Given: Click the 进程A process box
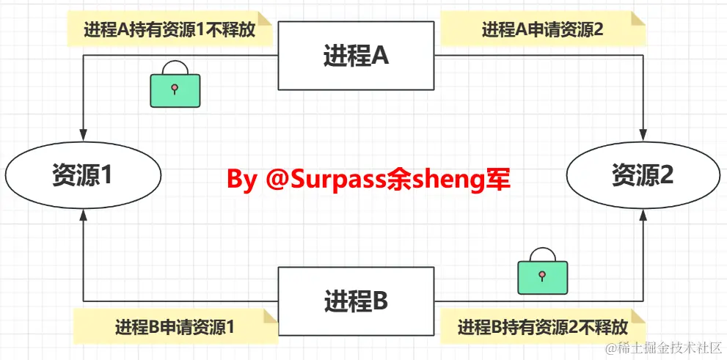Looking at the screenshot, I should [x=356, y=56].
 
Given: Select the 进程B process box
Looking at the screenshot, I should [x=356, y=301].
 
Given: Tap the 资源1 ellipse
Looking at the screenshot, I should [x=83, y=175].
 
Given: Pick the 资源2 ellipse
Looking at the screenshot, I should [x=643, y=175].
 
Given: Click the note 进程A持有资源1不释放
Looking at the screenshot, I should [x=169, y=30].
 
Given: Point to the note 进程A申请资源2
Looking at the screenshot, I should [x=542, y=30].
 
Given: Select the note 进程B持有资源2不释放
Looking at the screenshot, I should [x=543, y=327].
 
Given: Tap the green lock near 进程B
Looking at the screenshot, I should [x=542, y=273].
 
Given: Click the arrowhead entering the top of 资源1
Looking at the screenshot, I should [x=84, y=136].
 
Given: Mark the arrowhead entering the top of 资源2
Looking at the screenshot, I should [x=643, y=136].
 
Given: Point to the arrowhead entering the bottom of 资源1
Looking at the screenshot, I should [x=84, y=215].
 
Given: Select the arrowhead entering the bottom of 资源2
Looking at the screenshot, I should [x=643, y=215].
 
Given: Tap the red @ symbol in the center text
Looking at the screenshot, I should [x=278, y=179].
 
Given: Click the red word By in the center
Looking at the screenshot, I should [x=241, y=179].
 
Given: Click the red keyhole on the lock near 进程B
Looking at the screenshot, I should [x=542, y=275].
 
